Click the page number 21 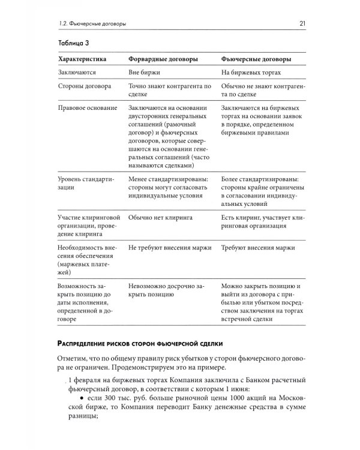pos(303,24)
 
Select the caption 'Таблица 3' pos(70,44)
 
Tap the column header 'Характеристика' pos(82,60)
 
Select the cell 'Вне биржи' pos(145,72)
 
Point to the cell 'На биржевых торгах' pos(251,72)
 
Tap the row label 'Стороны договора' pos(84,86)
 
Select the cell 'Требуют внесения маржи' pos(260,247)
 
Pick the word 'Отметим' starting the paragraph pos(73,360)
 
